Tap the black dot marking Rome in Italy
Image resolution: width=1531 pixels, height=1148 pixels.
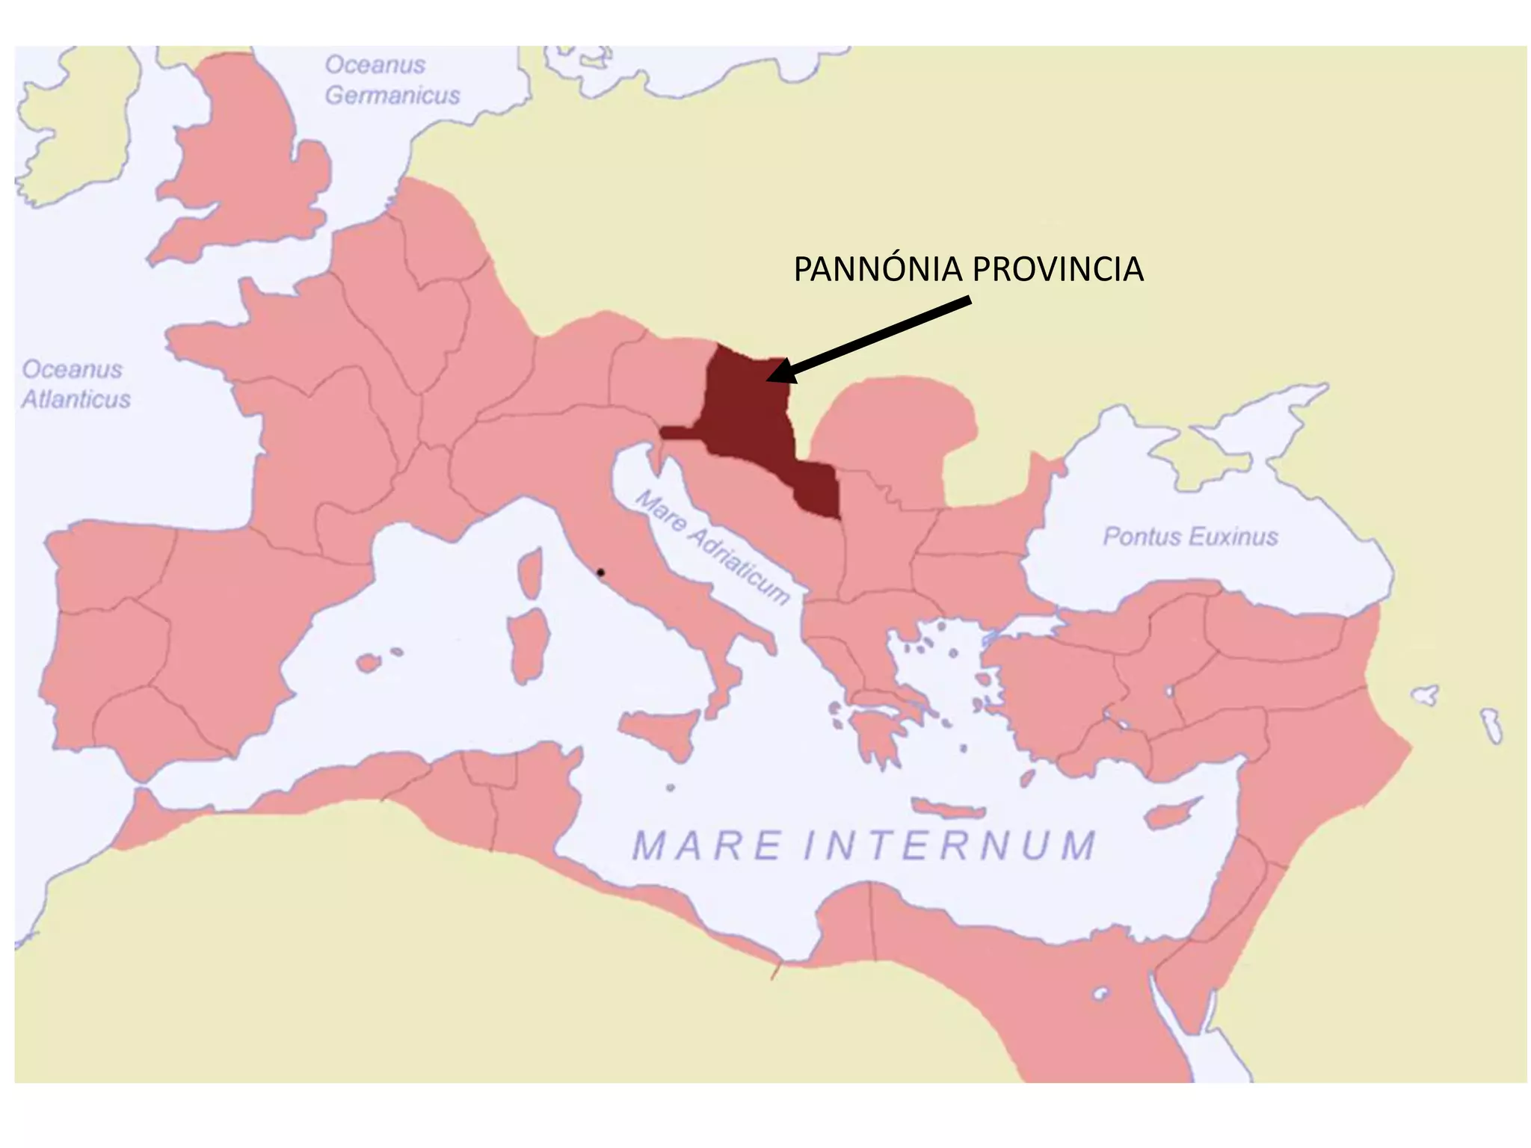600,573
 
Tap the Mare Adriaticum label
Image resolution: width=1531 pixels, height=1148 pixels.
712,547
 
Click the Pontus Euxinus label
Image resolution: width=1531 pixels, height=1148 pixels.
1190,537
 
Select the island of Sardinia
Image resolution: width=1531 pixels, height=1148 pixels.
529,643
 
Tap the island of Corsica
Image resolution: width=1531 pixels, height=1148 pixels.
531,573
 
